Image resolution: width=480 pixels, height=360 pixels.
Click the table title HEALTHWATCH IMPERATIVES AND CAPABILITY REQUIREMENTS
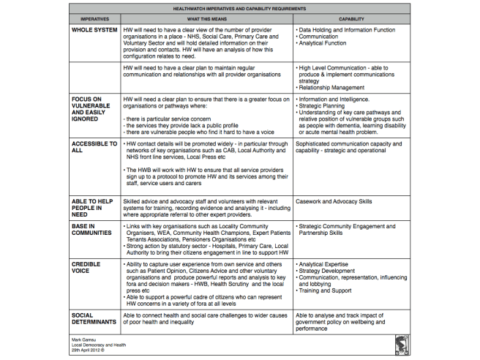point(240,7)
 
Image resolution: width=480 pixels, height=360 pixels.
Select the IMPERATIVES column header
point(95,18)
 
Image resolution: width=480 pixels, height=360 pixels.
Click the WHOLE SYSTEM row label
point(95,30)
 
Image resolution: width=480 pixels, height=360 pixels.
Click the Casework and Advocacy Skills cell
point(334,200)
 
